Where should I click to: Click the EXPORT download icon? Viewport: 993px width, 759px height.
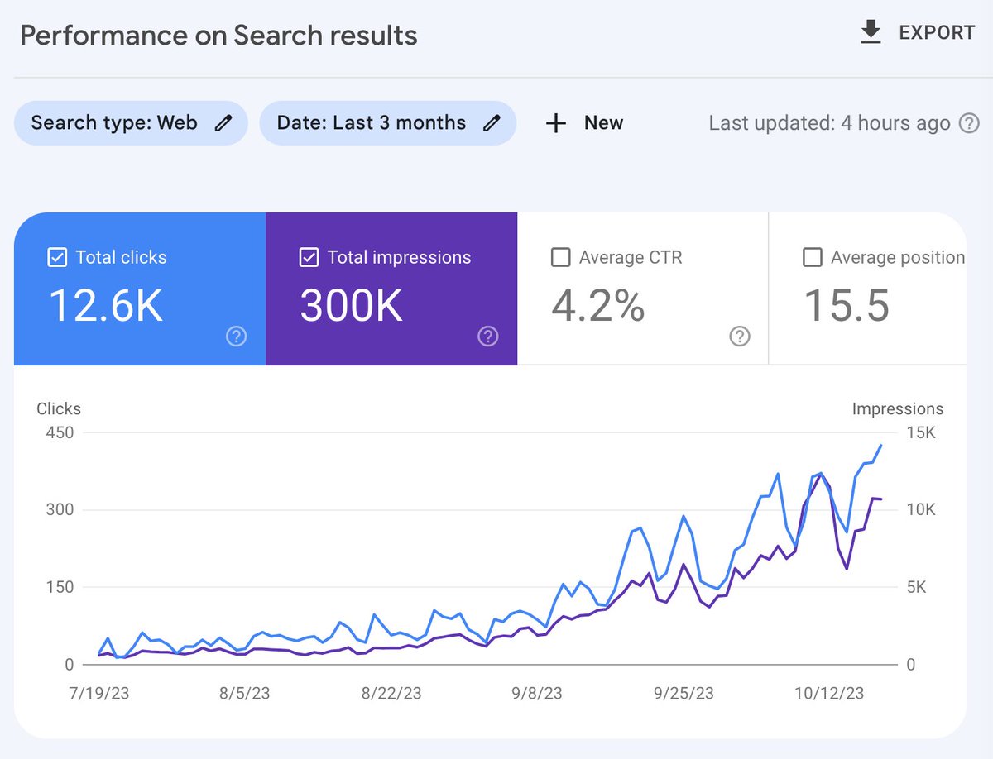point(871,31)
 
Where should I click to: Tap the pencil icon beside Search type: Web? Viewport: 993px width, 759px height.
point(223,123)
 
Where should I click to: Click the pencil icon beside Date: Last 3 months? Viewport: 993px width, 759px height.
point(492,123)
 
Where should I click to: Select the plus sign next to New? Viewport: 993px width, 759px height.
point(556,123)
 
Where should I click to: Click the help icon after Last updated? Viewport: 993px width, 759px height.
point(969,123)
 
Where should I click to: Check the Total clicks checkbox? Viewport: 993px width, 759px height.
point(57,257)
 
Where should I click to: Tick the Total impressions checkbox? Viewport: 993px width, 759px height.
point(309,257)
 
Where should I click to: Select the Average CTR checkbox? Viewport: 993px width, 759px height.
point(560,257)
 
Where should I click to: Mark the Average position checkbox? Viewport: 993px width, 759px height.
point(812,257)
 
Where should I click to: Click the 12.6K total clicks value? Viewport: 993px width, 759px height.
point(105,306)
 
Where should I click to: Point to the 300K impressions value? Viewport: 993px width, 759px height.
point(351,306)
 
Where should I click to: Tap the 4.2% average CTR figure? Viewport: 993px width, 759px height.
point(598,306)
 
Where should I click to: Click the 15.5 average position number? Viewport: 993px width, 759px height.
point(847,306)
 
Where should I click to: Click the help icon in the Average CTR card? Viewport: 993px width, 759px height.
point(740,337)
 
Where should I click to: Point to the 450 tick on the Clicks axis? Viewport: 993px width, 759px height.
point(60,432)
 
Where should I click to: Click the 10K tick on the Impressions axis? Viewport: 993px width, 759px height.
point(921,509)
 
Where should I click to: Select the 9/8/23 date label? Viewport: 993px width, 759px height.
point(536,693)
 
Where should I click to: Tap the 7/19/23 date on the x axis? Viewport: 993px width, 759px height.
point(99,693)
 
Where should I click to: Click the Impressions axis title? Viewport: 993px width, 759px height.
point(898,408)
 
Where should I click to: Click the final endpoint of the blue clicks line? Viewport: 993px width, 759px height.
point(880,446)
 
